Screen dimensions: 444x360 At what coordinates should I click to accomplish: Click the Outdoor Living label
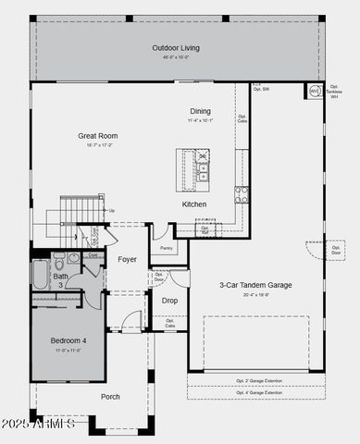(x=176, y=48)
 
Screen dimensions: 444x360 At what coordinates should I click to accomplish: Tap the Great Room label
(x=97, y=136)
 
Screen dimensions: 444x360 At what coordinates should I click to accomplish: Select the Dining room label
(x=200, y=111)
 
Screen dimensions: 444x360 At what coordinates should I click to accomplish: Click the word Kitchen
(x=193, y=204)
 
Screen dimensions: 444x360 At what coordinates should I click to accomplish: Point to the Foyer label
(x=127, y=259)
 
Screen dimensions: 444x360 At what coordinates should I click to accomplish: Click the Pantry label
(x=166, y=248)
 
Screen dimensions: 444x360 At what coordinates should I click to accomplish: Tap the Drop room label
(x=169, y=300)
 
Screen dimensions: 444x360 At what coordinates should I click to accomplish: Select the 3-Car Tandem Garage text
(x=254, y=285)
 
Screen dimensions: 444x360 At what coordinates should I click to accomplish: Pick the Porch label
(x=110, y=396)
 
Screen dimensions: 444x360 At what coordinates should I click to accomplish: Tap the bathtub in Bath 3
(x=41, y=274)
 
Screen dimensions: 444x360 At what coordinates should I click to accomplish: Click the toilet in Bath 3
(x=59, y=261)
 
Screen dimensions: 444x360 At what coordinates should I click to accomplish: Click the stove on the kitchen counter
(x=241, y=194)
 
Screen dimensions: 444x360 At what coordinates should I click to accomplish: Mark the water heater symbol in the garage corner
(x=314, y=92)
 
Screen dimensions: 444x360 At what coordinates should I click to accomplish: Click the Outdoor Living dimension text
(x=176, y=57)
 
